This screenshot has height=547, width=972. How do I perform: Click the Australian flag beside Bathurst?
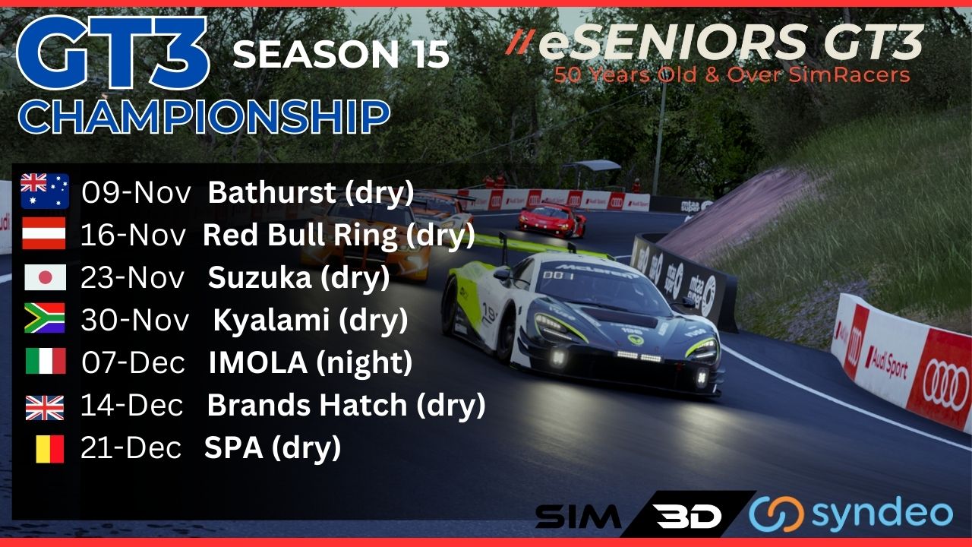click(45, 191)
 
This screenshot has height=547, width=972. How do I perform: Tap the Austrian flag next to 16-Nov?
click(44, 233)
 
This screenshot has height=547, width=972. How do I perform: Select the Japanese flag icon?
click(45, 277)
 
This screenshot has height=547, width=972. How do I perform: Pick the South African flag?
click(45, 318)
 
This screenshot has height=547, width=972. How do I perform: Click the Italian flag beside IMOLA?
click(46, 361)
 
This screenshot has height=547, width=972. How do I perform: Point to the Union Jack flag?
click(45, 408)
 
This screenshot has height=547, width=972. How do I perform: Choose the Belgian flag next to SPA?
click(50, 449)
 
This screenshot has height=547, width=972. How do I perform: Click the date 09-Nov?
click(136, 192)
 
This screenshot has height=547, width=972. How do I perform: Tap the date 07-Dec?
click(133, 362)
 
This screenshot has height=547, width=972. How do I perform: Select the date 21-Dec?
click(131, 447)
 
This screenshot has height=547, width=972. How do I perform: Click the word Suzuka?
click(260, 277)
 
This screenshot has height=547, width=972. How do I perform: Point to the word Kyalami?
click(271, 320)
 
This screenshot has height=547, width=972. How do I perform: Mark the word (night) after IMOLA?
click(364, 363)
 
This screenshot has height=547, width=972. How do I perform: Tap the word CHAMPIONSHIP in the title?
click(204, 116)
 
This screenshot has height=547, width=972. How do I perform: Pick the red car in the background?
click(552, 220)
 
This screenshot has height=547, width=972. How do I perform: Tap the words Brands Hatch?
click(307, 405)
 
